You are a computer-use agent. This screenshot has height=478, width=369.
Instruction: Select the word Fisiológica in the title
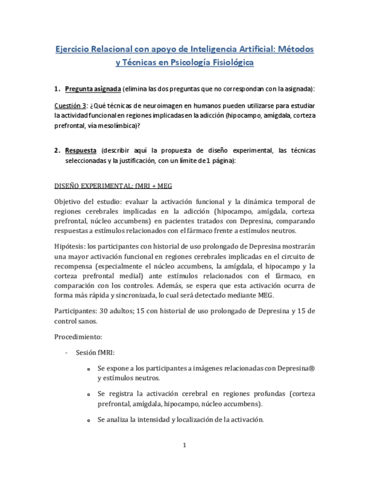(x=228, y=63)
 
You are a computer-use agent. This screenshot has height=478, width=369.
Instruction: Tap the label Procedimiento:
(x=78, y=337)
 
